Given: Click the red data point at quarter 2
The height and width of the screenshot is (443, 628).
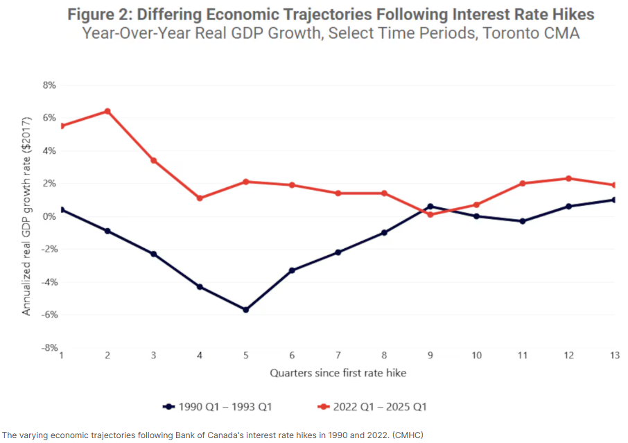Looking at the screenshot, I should [107, 111].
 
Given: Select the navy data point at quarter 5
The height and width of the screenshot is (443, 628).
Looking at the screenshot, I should [246, 310].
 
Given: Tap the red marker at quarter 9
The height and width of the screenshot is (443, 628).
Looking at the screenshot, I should [430, 215].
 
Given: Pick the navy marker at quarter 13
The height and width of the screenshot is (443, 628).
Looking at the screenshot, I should [615, 200].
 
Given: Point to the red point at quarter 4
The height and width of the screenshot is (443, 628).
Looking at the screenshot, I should [200, 198].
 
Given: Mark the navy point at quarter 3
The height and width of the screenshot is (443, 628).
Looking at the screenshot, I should [154, 254].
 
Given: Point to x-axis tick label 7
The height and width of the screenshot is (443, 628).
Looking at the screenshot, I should [338, 355].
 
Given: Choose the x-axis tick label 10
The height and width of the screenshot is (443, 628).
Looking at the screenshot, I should [476, 355].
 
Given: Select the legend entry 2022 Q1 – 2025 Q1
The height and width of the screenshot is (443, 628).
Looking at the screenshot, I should [374, 406].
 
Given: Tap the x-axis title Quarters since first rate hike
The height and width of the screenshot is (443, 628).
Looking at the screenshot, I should [338, 373].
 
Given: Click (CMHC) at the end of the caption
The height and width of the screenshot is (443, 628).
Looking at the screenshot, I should [408, 435].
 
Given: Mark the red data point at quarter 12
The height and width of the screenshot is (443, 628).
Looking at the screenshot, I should [568, 178].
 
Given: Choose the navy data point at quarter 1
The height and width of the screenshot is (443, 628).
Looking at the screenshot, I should [62, 209].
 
